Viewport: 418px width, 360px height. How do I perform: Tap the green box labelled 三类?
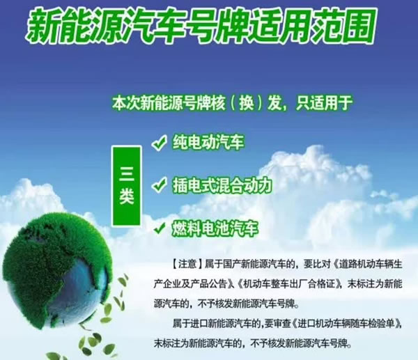coord(126,176)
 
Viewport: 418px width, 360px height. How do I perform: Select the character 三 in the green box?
coord(126,166)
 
